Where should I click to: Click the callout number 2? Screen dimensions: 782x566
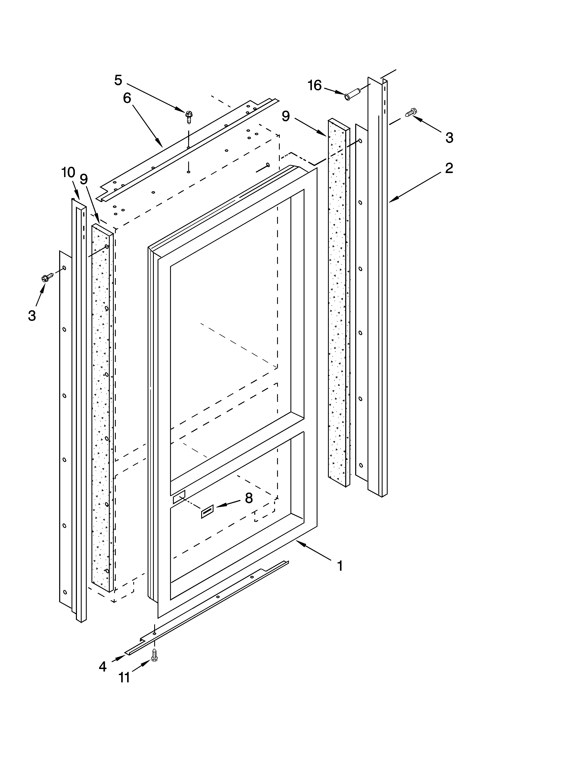(449, 168)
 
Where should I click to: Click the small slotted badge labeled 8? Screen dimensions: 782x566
(207, 512)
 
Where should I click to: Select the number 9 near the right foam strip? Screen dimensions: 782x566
(286, 116)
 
